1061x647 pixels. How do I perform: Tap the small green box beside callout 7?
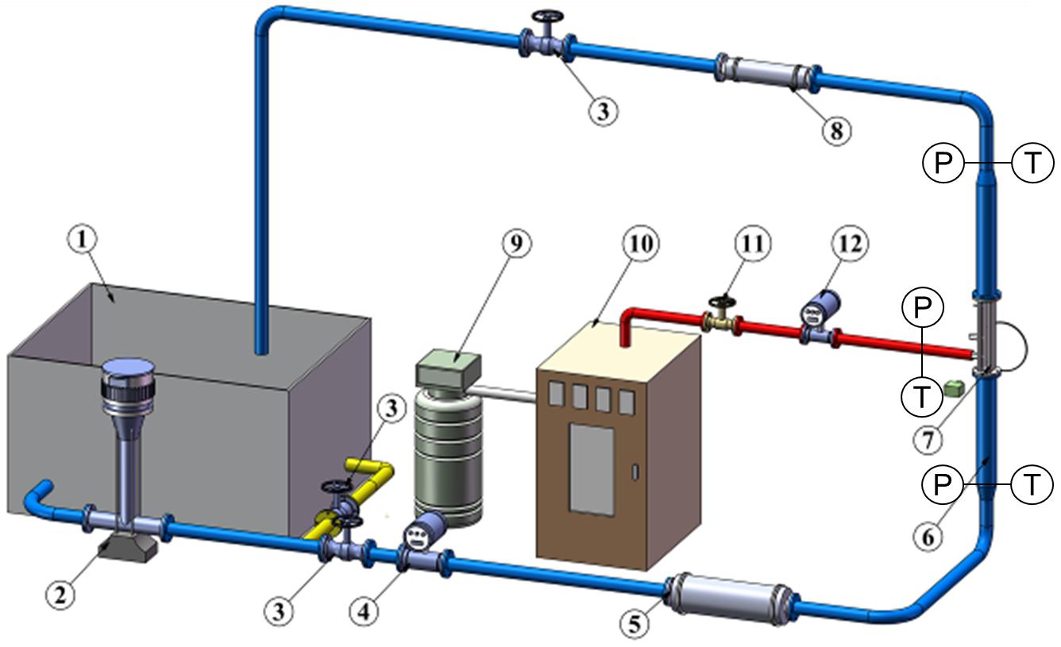coord(955,388)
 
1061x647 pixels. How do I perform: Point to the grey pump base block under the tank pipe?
coord(128,549)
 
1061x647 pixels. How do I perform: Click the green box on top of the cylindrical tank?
coord(449,367)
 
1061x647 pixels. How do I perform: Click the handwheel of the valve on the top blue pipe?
coord(545,17)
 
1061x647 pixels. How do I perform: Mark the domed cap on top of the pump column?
coord(129,366)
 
